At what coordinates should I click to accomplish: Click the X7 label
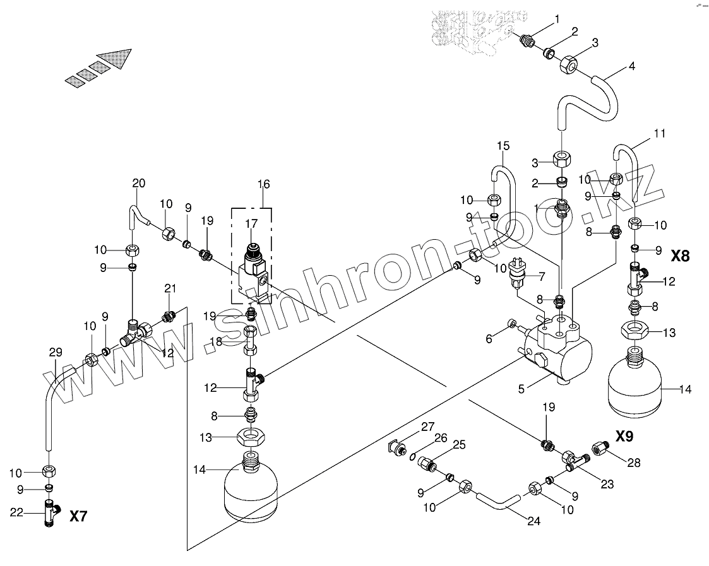pyautogui.click(x=78, y=516)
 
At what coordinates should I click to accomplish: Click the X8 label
pyautogui.click(x=681, y=256)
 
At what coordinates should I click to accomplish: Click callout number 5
pyautogui.click(x=521, y=389)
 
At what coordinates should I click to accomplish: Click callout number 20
pyautogui.click(x=138, y=183)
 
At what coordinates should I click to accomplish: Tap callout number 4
pyautogui.click(x=631, y=66)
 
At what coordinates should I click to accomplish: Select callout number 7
pyautogui.click(x=540, y=276)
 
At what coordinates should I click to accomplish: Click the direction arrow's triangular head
pyautogui.click(x=122, y=59)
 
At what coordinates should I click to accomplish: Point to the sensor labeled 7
pyautogui.click(x=521, y=278)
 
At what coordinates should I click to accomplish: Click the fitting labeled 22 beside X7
pyautogui.click(x=49, y=513)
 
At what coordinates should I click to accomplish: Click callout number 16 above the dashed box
pyautogui.click(x=263, y=184)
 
